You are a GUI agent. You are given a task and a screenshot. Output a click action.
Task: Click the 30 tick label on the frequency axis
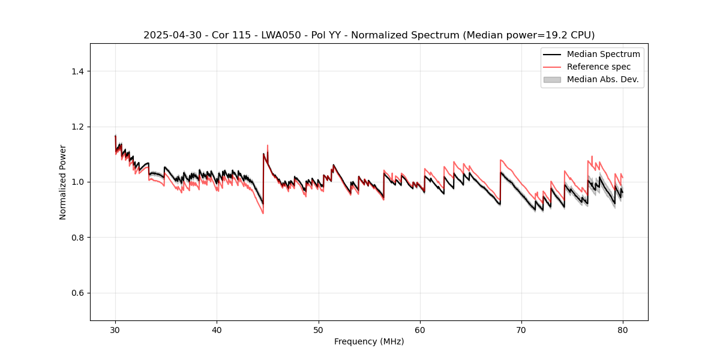[115, 329]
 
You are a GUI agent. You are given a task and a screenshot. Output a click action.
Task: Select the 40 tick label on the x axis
[217, 329]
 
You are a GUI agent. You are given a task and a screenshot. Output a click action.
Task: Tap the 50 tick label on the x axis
[319, 329]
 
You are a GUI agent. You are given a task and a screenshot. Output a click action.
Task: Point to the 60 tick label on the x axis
[420, 329]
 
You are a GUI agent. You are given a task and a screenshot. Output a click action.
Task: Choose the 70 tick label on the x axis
[521, 329]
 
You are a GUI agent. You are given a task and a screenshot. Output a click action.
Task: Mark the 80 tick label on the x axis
[623, 329]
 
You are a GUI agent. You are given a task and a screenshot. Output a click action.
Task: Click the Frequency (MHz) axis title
[369, 341]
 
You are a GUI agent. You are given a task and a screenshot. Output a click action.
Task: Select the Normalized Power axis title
[63, 182]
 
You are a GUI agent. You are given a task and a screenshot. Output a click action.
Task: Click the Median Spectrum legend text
[603, 54]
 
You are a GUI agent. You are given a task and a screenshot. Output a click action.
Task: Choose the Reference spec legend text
[599, 67]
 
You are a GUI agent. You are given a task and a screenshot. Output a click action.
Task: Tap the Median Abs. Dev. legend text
[602, 79]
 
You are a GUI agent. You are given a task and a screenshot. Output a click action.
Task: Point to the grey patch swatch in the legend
[552, 79]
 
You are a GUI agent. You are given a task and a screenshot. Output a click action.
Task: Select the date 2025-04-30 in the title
[168, 35]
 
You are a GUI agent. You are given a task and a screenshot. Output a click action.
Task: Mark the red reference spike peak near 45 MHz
[268, 145]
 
